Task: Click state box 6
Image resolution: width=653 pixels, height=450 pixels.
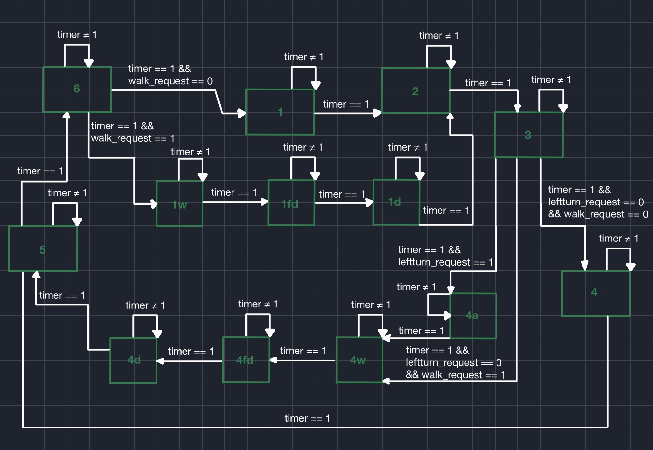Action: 77,89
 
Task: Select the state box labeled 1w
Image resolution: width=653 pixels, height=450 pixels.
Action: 179,203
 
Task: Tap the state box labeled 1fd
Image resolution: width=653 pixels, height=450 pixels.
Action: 291,203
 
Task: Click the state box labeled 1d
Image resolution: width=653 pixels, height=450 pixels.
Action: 396,202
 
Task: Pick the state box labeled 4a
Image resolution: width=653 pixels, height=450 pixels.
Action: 472,315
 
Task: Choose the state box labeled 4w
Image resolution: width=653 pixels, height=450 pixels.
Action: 359,360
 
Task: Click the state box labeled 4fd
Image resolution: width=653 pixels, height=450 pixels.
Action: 246,360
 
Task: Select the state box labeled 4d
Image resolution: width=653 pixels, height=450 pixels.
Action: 133,360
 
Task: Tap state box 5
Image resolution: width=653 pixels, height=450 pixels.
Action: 43,249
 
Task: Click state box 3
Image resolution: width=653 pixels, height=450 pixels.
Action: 528,135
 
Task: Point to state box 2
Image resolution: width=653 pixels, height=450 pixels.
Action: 415,91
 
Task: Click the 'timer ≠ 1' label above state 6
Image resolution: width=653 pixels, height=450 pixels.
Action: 77,34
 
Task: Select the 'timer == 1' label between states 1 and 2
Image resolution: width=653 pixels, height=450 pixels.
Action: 346,104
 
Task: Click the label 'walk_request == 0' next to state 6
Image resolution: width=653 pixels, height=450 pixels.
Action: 170,81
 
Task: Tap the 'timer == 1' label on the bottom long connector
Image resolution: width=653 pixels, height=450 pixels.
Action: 307,418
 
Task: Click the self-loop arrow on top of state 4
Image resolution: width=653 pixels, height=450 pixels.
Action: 618,249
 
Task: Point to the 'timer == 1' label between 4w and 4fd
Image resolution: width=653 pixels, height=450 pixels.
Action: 303,351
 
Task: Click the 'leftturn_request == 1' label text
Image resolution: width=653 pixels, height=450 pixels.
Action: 445,262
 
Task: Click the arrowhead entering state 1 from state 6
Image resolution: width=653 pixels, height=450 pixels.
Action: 241,113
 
